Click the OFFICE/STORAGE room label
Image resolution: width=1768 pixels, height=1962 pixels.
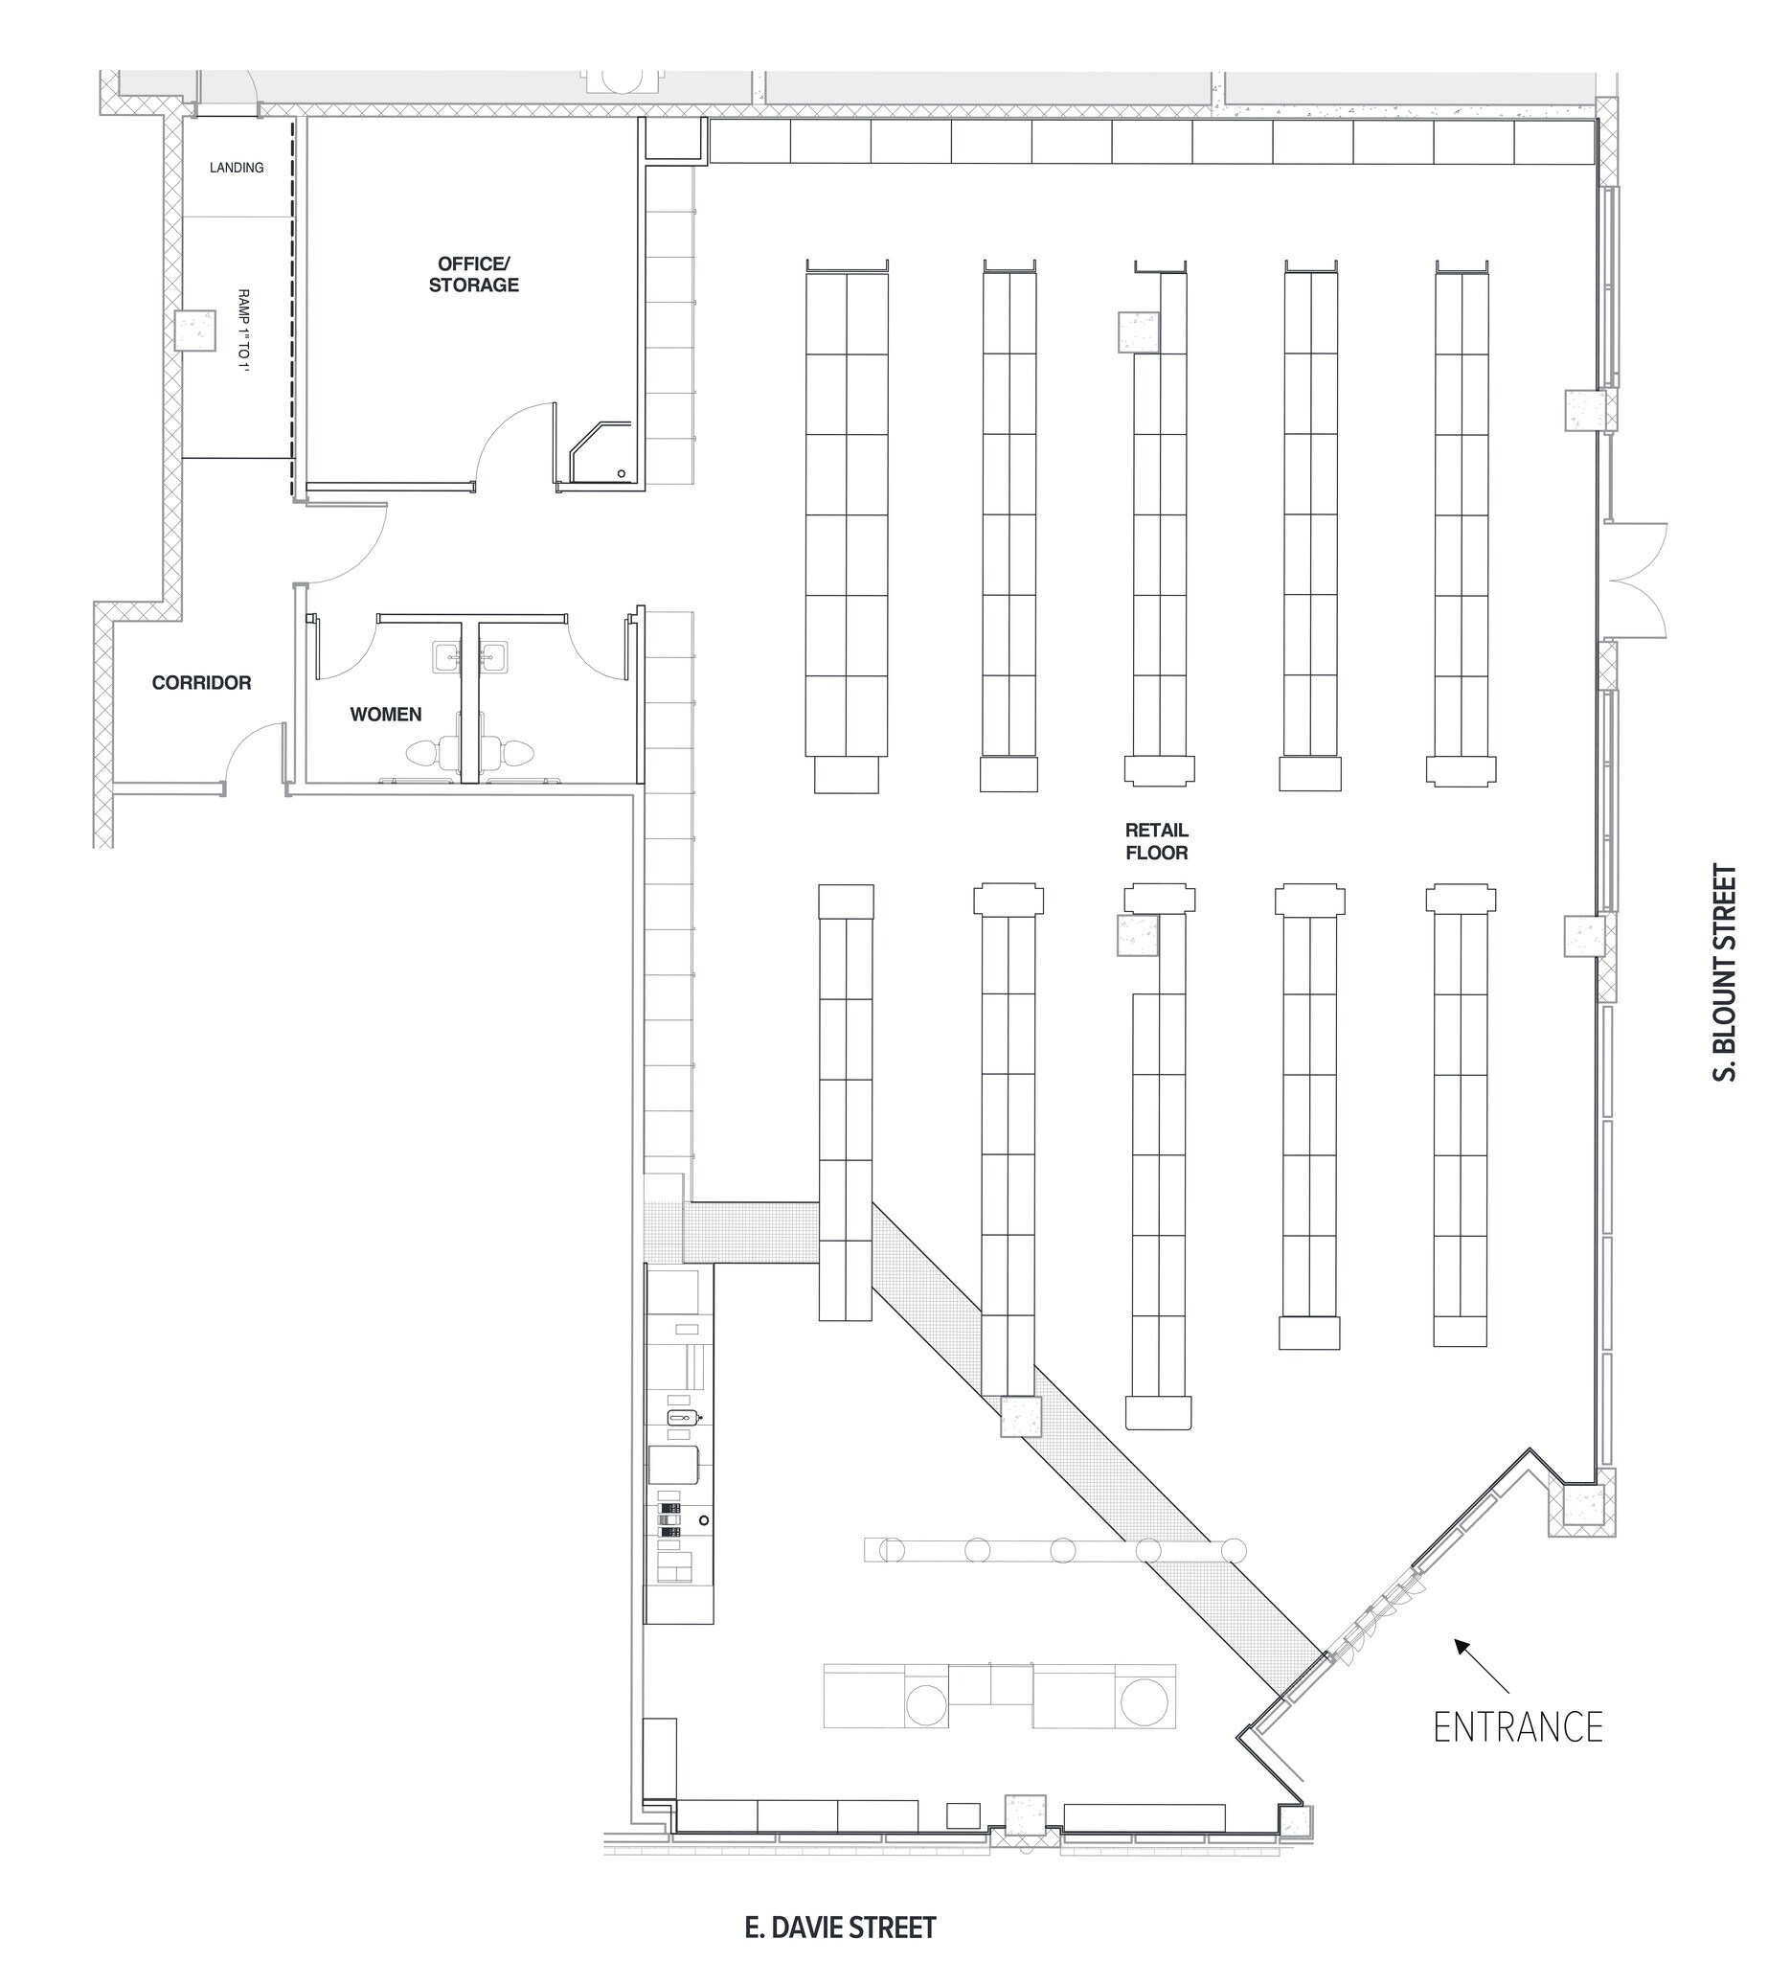[473, 274]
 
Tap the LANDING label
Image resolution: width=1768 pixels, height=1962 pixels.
[236, 167]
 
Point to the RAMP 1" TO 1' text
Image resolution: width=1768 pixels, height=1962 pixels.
[243, 331]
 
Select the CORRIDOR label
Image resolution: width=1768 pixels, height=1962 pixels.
[201, 682]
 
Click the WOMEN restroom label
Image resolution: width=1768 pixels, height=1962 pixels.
[386, 714]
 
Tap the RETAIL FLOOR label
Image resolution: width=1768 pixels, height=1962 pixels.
[1156, 840]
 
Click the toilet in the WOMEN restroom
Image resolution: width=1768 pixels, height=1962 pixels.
[424, 752]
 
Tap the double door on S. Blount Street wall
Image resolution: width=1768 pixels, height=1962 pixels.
[1637, 581]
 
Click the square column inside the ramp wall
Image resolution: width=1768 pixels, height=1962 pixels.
[195, 331]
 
